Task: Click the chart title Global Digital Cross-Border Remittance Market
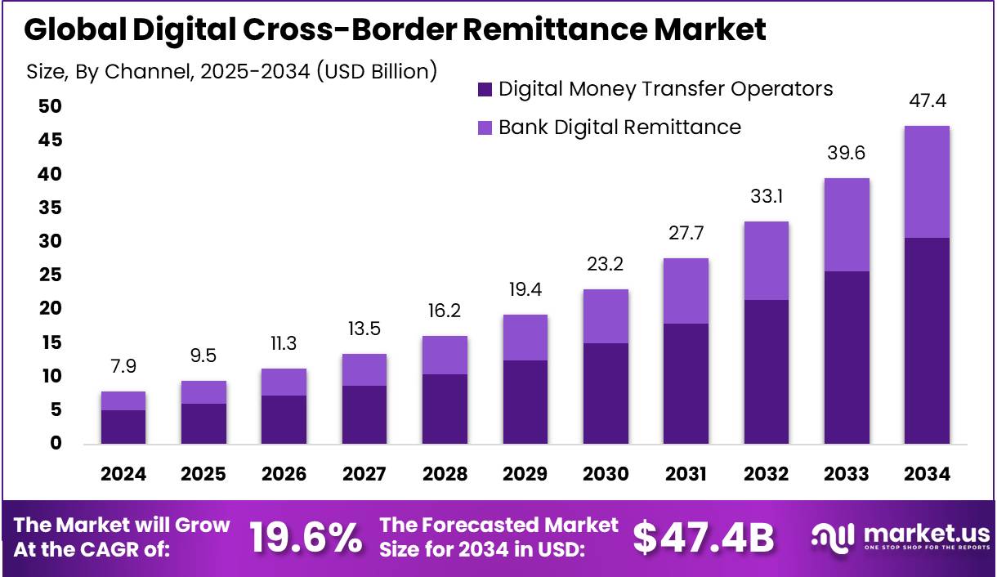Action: click(x=396, y=29)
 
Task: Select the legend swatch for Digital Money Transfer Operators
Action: click(x=485, y=89)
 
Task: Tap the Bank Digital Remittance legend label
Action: click(x=619, y=127)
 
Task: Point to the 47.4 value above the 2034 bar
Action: click(x=927, y=101)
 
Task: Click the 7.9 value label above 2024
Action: click(x=123, y=367)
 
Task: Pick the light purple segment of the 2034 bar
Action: click(x=927, y=181)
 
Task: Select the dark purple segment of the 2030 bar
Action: click(x=606, y=393)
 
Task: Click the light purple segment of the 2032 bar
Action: click(x=766, y=260)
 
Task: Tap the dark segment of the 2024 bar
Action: click(x=123, y=427)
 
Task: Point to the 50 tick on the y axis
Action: click(x=50, y=107)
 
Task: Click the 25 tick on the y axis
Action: click(x=50, y=275)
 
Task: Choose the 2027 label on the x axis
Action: click(x=364, y=474)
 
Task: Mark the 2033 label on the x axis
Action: click(x=847, y=474)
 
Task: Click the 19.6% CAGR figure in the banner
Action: click(x=306, y=538)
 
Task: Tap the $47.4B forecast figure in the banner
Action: click(x=704, y=538)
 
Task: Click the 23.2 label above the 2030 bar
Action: click(x=606, y=265)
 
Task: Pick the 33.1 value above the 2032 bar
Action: click(x=766, y=197)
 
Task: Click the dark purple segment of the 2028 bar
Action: click(x=445, y=409)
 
